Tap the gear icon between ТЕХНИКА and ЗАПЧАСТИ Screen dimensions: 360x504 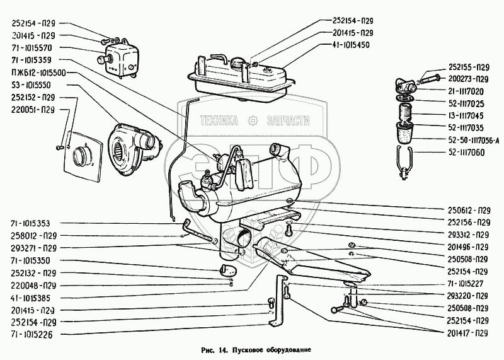(x=253, y=120)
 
